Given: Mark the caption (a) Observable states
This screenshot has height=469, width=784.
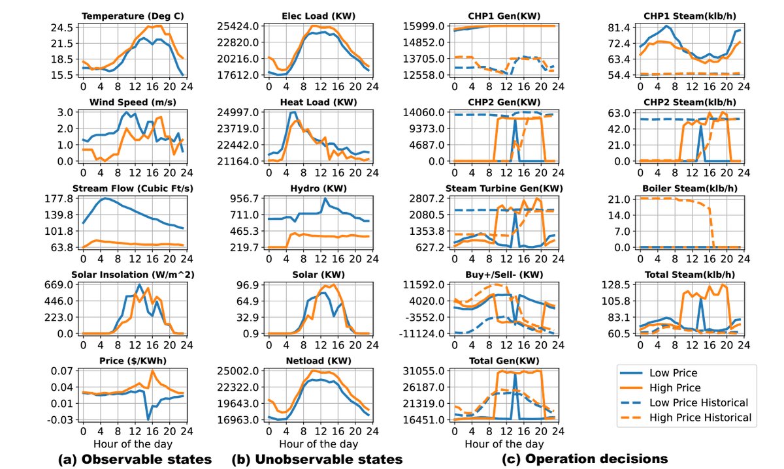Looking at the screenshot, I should (135, 459).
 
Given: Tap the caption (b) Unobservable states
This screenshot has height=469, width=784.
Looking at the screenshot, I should (317, 459).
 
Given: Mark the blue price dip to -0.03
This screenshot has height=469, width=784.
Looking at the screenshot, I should (148, 418).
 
